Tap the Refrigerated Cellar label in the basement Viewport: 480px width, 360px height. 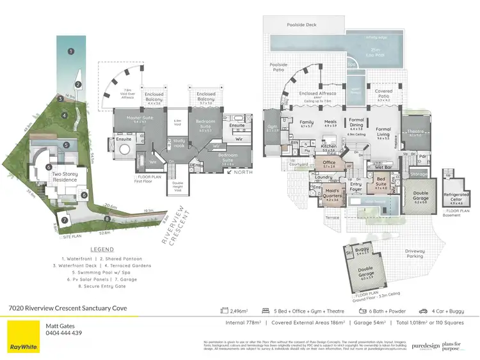tap(456, 182)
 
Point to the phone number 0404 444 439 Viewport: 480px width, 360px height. tap(63, 333)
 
